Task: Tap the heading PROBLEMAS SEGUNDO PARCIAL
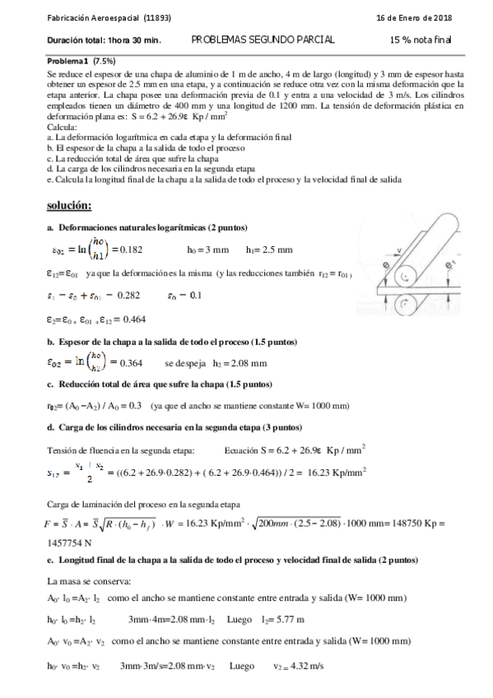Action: [263, 40]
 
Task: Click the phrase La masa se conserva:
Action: [81, 580]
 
